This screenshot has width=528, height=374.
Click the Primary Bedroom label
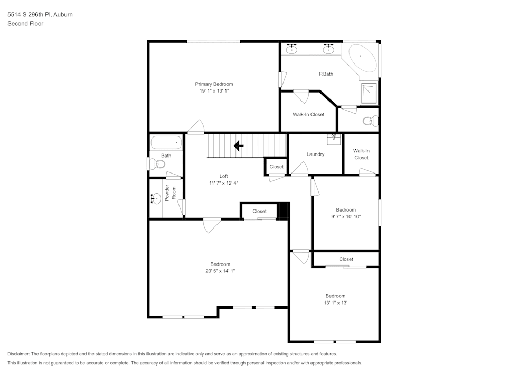[214, 84]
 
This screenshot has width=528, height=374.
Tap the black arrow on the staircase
[239, 145]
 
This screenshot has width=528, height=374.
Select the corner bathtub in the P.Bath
[361, 59]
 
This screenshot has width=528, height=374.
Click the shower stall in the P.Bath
[369, 93]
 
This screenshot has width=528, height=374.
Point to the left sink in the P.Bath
[292, 50]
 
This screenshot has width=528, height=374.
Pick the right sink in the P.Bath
[328, 50]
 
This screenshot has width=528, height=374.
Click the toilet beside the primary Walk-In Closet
[371, 121]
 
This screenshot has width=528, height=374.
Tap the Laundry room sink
[334, 139]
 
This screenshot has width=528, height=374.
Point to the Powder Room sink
[156, 199]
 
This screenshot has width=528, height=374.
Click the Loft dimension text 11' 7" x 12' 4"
[223, 183]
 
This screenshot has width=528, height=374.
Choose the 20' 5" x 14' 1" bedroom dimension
[220, 271]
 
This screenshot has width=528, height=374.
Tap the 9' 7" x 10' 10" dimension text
[346, 217]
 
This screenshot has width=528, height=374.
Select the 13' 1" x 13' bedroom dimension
[335, 303]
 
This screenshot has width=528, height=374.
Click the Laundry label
[315, 154]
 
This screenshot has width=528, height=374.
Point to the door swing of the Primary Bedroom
[196, 127]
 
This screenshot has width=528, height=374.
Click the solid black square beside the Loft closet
[283, 210]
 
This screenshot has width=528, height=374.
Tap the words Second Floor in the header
[25, 24]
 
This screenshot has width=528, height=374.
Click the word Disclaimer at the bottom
[18, 354]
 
